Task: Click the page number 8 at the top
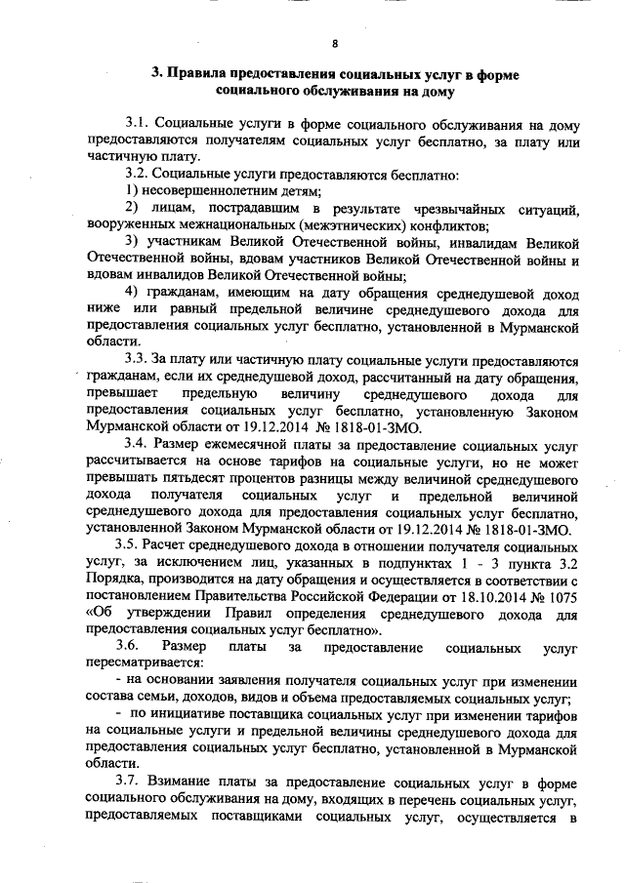point(335,44)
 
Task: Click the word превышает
point(118,392)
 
